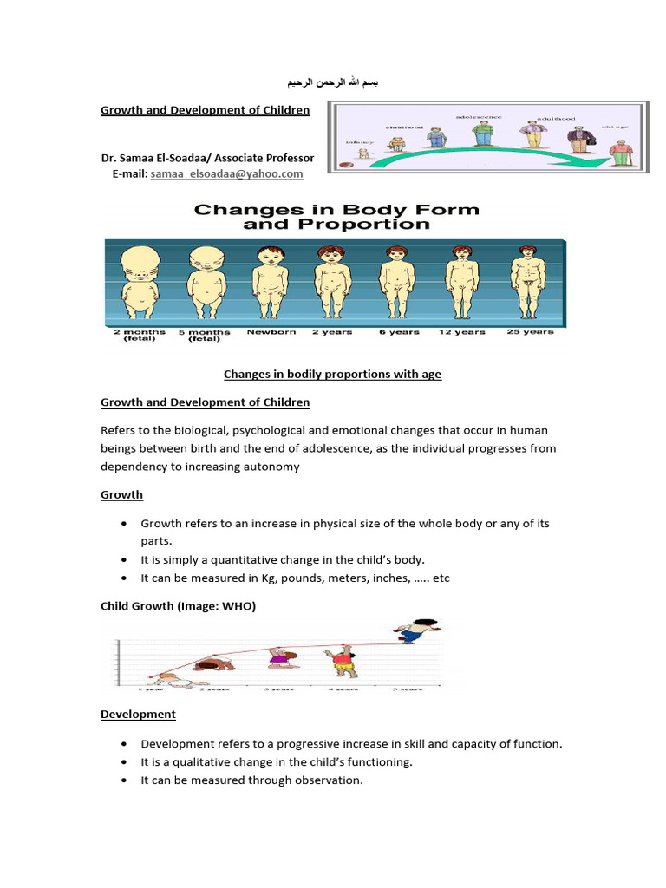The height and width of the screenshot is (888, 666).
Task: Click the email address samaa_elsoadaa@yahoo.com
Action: coord(227,173)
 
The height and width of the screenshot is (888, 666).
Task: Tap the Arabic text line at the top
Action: coord(333,83)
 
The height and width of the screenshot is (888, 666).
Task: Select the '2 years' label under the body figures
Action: coord(333,332)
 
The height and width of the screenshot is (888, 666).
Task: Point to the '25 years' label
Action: coord(529,332)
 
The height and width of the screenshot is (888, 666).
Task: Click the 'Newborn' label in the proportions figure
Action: coord(271,332)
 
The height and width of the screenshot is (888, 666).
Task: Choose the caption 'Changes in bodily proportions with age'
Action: coord(332,375)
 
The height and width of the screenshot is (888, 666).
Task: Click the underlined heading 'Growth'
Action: coord(121,494)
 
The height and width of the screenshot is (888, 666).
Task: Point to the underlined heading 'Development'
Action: coord(138,715)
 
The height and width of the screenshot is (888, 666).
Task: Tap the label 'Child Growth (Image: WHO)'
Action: coord(178,607)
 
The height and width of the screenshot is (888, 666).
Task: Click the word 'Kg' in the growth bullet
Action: coord(285,578)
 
